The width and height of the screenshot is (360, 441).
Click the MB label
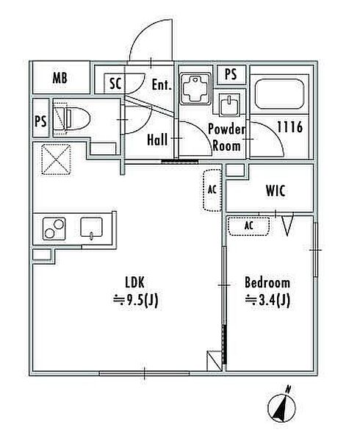(60, 77)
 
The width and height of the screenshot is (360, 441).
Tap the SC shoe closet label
(115, 84)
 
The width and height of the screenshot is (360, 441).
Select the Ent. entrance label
(162, 84)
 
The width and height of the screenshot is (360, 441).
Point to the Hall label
(157, 139)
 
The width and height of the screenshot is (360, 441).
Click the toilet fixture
(72, 118)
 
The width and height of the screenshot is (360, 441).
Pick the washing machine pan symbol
(195, 89)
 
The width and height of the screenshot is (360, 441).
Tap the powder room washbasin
(229, 104)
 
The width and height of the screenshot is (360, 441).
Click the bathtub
(279, 93)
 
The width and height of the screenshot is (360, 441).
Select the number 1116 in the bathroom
(289, 127)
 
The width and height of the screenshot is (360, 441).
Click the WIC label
(276, 190)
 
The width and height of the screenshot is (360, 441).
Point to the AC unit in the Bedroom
(248, 226)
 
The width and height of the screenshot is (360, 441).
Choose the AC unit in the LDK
(212, 190)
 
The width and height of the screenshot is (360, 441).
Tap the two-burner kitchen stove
(54, 229)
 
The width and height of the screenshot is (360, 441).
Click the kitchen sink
(91, 228)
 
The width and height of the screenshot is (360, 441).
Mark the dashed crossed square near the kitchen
(56, 159)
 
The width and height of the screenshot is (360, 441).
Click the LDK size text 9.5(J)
(135, 301)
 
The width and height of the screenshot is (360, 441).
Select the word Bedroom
(267, 283)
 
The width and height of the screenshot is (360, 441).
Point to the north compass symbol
(282, 404)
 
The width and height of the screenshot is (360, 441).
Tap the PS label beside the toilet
(40, 121)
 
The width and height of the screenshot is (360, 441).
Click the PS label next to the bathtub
(231, 74)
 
